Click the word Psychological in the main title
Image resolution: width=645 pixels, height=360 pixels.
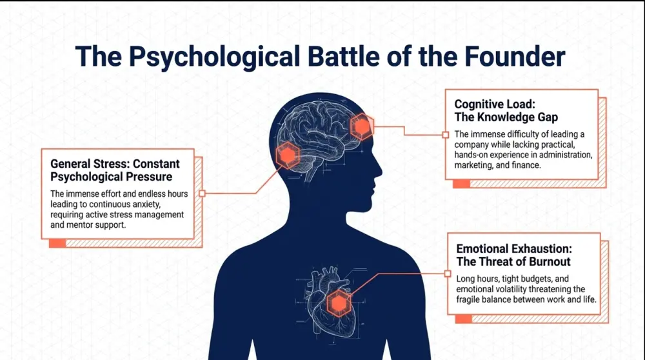click(x=214, y=57)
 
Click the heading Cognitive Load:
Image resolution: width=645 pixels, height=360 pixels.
click(x=495, y=104)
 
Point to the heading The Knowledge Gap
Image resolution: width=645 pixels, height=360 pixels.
click(x=506, y=117)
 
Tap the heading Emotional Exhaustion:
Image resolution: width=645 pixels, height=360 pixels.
click(x=514, y=249)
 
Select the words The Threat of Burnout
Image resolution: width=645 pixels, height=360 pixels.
click(x=513, y=262)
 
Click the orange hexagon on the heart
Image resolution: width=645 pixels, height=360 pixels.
click(x=339, y=304)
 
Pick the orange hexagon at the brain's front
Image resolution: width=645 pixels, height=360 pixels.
click(x=362, y=126)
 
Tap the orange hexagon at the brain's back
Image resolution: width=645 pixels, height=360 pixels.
click(x=288, y=155)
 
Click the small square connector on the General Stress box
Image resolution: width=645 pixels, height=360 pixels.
click(x=202, y=194)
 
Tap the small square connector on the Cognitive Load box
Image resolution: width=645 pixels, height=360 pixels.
click(x=446, y=135)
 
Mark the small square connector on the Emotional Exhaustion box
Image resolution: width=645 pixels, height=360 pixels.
click(x=448, y=274)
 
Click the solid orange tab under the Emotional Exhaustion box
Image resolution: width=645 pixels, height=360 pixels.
click(x=464, y=319)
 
